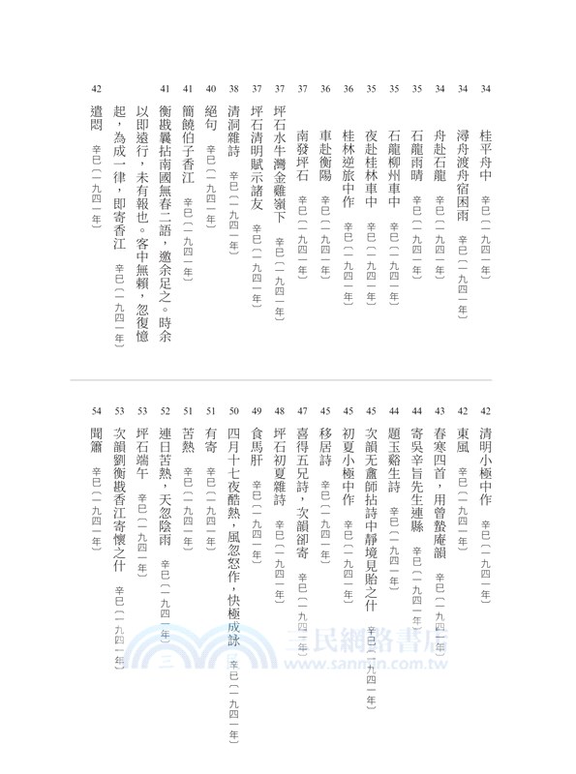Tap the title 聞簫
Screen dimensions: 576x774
click(95, 444)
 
